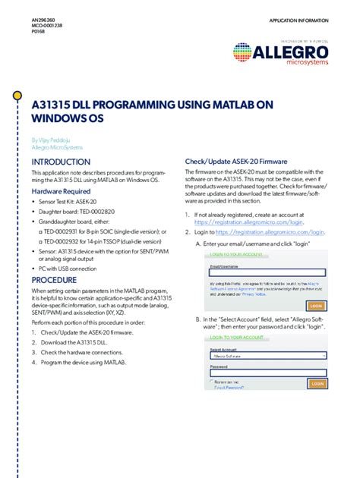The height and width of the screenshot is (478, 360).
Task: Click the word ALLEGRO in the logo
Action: (x=292, y=52)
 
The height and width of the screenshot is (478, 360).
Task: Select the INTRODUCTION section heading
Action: (x=61, y=162)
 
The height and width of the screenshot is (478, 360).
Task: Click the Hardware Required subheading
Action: (x=61, y=193)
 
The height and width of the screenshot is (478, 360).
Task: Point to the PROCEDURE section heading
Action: (x=54, y=279)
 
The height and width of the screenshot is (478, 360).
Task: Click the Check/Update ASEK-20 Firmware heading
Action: (x=236, y=162)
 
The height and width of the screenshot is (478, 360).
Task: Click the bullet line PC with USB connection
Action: (x=67, y=268)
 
